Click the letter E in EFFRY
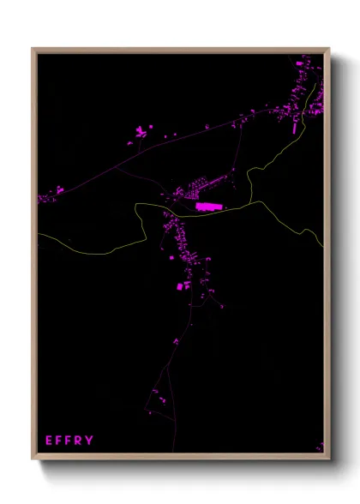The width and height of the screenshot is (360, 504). pos(49,441)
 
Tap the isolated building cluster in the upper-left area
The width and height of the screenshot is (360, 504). pos(140,132)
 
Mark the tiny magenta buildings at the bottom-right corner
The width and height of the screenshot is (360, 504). pos(321,446)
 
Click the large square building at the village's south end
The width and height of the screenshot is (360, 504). pos(181,286)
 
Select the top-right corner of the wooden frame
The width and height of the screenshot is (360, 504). pos(328,49)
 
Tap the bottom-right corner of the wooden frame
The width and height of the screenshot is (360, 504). pos(328,459)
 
